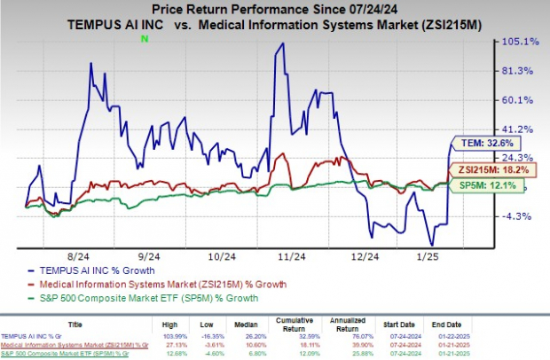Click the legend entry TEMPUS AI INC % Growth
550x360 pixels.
(103, 270)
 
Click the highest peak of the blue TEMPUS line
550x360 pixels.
(282, 43)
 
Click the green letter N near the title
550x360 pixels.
(144, 38)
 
